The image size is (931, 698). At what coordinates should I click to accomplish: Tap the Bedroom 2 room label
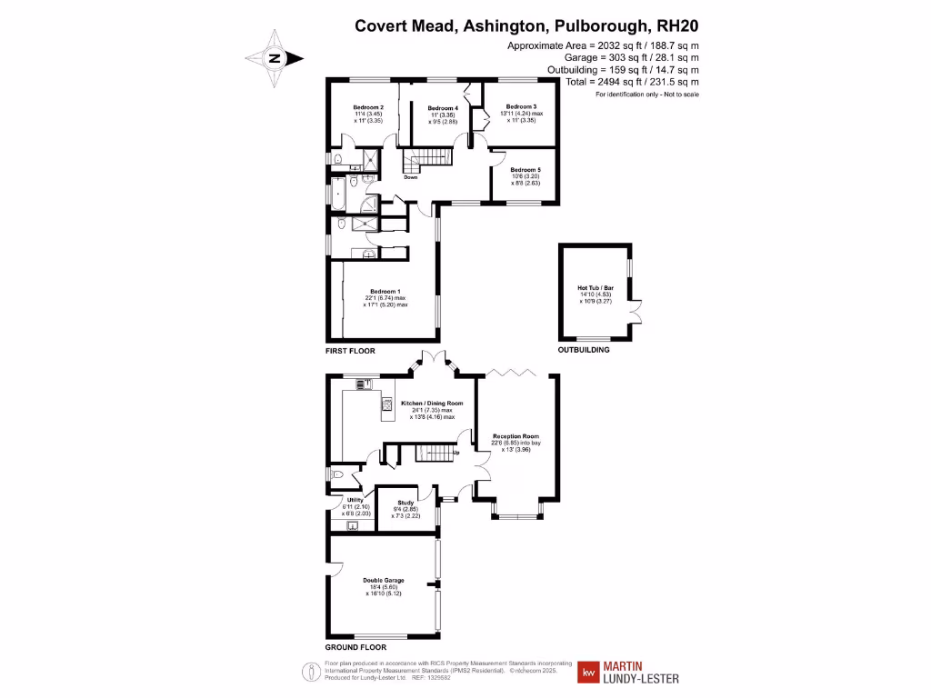tap(367, 107)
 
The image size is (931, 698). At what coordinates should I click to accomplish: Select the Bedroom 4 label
tap(442, 108)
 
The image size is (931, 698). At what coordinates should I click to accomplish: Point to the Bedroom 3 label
tap(522, 106)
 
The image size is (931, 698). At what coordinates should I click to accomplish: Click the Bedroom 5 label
tap(525, 170)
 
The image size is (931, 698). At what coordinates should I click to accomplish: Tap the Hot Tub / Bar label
tap(596, 288)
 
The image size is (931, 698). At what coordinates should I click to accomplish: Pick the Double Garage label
tap(383, 580)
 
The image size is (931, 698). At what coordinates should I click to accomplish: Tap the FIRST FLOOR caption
tap(350, 350)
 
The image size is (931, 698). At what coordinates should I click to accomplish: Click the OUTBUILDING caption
tap(584, 350)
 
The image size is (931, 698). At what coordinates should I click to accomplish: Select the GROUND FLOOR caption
tap(355, 648)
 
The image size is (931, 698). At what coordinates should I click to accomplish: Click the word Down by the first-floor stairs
tap(411, 177)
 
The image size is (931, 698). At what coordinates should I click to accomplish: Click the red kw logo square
tap(588, 673)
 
